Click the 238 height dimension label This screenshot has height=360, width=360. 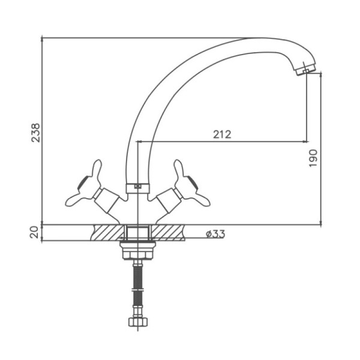pyautogui.click(x=35, y=133)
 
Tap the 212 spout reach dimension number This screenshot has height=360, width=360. pyautogui.click(x=222, y=134)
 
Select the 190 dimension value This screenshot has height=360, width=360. pyautogui.click(x=313, y=158)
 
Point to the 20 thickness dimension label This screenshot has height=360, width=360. pyautogui.click(x=34, y=232)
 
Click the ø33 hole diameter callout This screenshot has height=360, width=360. pyautogui.click(x=215, y=234)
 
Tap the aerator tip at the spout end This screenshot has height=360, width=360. pyautogui.click(x=305, y=70)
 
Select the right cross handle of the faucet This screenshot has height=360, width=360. pyautogui.click(x=191, y=184)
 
